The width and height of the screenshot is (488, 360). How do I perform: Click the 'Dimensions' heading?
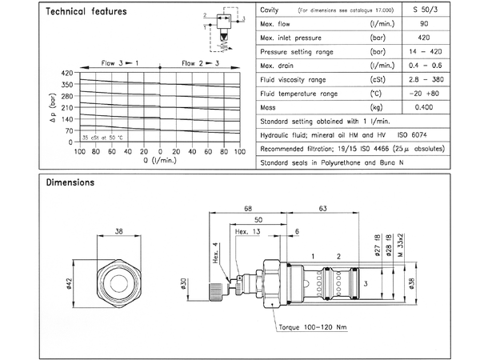[x=70, y=182]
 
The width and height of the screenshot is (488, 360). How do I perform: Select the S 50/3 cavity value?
[x=453, y=10]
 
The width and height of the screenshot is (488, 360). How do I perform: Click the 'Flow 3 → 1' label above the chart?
[x=118, y=62]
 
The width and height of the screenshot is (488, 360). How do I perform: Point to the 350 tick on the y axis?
[x=66, y=83]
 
